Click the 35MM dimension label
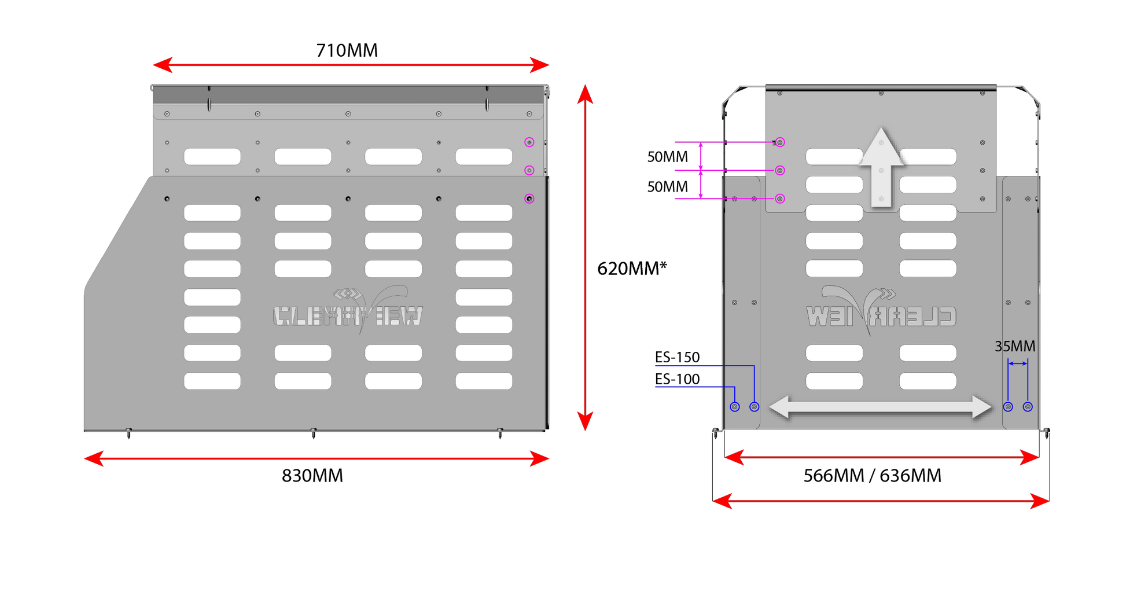(1015, 346)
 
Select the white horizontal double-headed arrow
(880, 407)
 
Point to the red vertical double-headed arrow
(585, 258)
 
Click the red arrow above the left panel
(351, 65)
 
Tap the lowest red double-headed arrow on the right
(881, 501)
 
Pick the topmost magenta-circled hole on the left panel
(529, 142)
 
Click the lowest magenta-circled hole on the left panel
(529, 199)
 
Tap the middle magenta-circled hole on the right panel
(780, 170)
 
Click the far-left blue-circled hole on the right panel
(735, 407)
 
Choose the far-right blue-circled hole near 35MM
(1028, 407)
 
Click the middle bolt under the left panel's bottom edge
(314, 433)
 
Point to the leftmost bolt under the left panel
(128, 433)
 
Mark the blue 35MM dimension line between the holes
(1018, 363)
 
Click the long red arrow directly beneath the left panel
(317, 459)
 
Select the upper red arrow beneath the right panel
(882, 458)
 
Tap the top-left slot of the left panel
(212, 156)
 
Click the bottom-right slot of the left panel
(484, 381)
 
